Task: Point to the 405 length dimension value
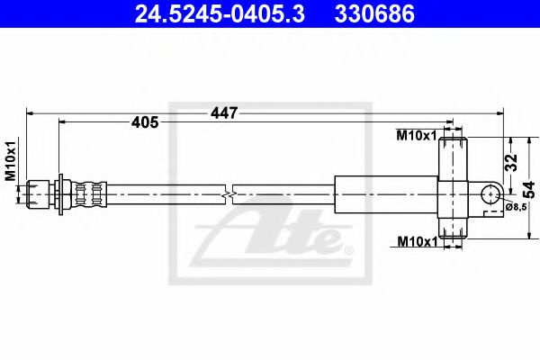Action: click(x=146, y=122)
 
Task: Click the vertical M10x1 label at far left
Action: click(x=12, y=161)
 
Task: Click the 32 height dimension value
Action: click(x=511, y=163)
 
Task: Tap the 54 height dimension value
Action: click(x=530, y=188)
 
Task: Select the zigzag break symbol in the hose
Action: click(x=232, y=192)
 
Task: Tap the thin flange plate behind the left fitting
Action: click(x=58, y=192)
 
